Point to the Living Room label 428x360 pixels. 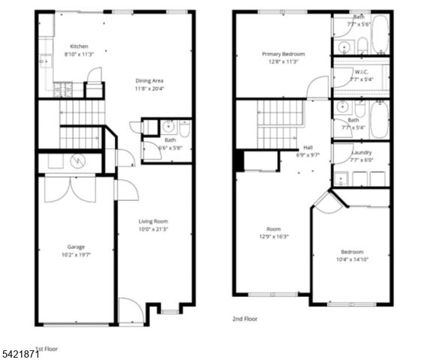coord(152,221)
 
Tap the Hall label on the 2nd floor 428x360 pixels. coord(308,148)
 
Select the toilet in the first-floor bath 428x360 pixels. coord(184,128)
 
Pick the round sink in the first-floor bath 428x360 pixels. coord(167,125)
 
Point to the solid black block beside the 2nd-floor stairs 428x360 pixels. coord(240,160)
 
